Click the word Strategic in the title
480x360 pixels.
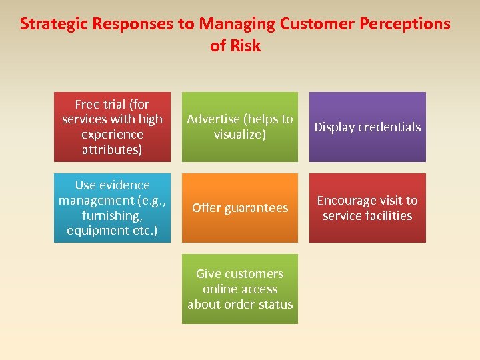tap(53, 24)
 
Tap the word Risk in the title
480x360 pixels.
tap(245, 46)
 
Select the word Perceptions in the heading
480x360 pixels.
tap(406, 24)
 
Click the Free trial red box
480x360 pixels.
tap(112, 127)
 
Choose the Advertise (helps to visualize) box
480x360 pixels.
tap(240, 127)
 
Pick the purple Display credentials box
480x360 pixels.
tap(367, 127)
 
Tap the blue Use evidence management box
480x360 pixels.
tap(112, 208)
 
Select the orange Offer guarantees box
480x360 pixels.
tap(240, 208)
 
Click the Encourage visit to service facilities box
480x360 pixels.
tap(367, 208)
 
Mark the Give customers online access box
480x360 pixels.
tap(240, 289)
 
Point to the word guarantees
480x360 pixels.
tap(257, 208)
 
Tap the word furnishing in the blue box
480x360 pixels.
tap(110, 215)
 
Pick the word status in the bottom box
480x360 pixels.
tap(277, 304)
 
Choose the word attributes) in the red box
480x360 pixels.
tap(112, 149)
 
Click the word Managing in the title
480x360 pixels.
tap(237, 24)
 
